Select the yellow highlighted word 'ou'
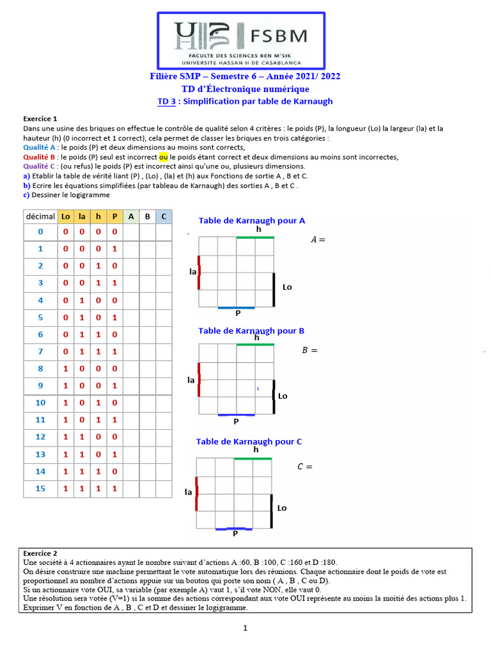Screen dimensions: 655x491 (163, 157)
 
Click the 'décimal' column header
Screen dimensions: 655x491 (40, 217)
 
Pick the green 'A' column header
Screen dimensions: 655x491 (130, 217)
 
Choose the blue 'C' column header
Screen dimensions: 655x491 (164, 217)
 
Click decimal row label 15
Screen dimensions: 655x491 (40, 488)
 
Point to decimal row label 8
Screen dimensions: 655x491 (40, 368)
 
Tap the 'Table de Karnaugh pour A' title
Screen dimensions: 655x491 (251, 220)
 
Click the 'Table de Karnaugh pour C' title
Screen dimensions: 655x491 (249, 441)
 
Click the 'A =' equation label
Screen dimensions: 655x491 (318, 240)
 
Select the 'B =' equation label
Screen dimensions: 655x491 (309, 350)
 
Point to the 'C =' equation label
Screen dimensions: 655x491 (305, 466)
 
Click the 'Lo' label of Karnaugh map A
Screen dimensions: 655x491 (287, 287)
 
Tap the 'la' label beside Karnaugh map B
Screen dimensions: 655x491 (191, 380)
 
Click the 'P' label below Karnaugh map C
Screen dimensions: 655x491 (235, 533)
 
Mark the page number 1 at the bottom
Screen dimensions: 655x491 (245, 629)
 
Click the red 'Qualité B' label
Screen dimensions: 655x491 (40, 157)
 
